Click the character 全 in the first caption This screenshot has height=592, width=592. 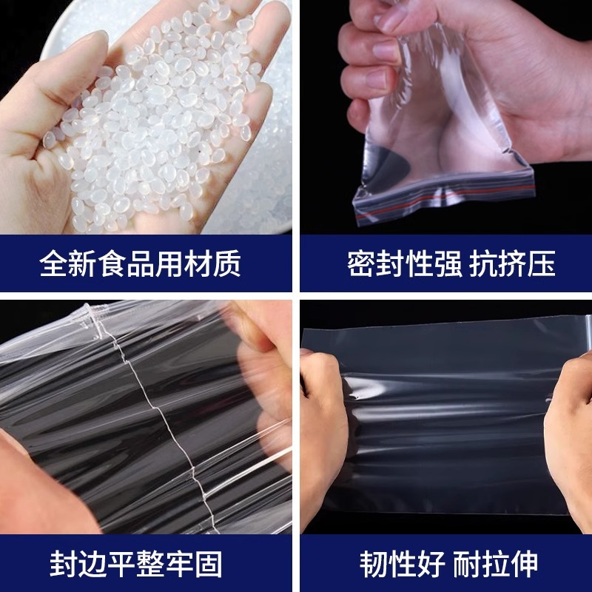(x=53, y=263)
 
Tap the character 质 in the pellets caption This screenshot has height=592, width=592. (x=226, y=263)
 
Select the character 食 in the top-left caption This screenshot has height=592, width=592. (x=111, y=263)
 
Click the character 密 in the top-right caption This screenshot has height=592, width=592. (x=361, y=263)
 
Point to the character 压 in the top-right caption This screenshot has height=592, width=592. (x=542, y=263)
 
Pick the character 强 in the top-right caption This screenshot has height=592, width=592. (x=448, y=263)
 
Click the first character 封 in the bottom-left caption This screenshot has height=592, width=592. (x=64, y=564)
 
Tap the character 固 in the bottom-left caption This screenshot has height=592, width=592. (x=208, y=564)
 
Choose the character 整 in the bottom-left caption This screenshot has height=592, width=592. (x=150, y=564)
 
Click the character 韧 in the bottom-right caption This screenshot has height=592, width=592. (x=374, y=564)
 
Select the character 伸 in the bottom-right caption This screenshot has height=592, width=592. (x=524, y=564)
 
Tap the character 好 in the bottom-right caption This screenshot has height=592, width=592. (x=431, y=564)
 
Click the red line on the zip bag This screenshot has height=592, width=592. (x=445, y=199)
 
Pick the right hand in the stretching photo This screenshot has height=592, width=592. (x=569, y=434)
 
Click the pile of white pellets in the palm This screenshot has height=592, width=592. (x=158, y=113)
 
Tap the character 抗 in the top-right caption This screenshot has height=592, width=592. (x=483, y=263)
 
